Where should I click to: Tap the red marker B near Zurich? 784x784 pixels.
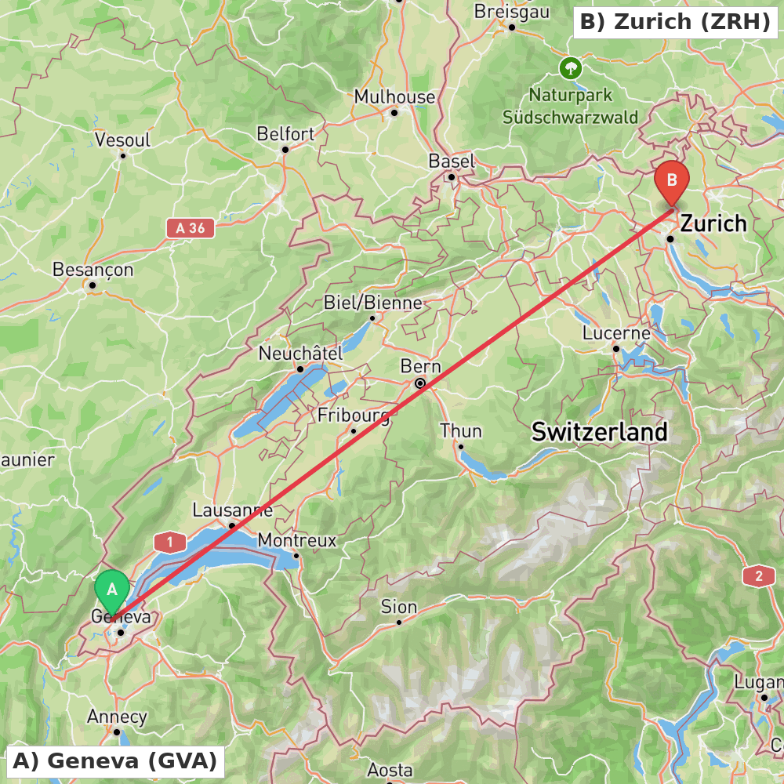[x=672, y=180]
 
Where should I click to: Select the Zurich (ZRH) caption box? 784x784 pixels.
[x=675, y=22]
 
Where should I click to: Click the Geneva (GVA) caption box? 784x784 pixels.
[x=115, y=760]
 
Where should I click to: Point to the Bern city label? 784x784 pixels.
[x=421, y=367]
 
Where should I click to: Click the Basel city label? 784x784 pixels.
[x=452, y=162]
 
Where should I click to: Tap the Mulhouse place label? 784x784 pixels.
[x=394, y=97]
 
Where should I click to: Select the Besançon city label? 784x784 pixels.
[x=93, y=270]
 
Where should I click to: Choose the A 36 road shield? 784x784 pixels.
[x=191, y=228]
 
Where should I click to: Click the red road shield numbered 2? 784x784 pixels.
[x=758, y=577]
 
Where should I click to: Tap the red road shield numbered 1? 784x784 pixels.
[x=170, y=542]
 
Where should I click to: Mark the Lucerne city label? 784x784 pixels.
[x=616, y=334]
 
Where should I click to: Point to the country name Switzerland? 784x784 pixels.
[x=600, y=431]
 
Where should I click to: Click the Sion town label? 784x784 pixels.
[x=399, y=607]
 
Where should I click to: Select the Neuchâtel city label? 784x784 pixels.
[x=301, y=354]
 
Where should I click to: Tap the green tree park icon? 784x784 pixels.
[x=571, y=68]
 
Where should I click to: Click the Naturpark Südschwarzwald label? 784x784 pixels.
[x=571, y=107]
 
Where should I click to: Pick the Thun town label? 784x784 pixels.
[x=461, y=431]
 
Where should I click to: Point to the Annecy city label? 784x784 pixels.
[x=117, y=717]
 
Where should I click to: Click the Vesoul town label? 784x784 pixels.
[x=122, y=140]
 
